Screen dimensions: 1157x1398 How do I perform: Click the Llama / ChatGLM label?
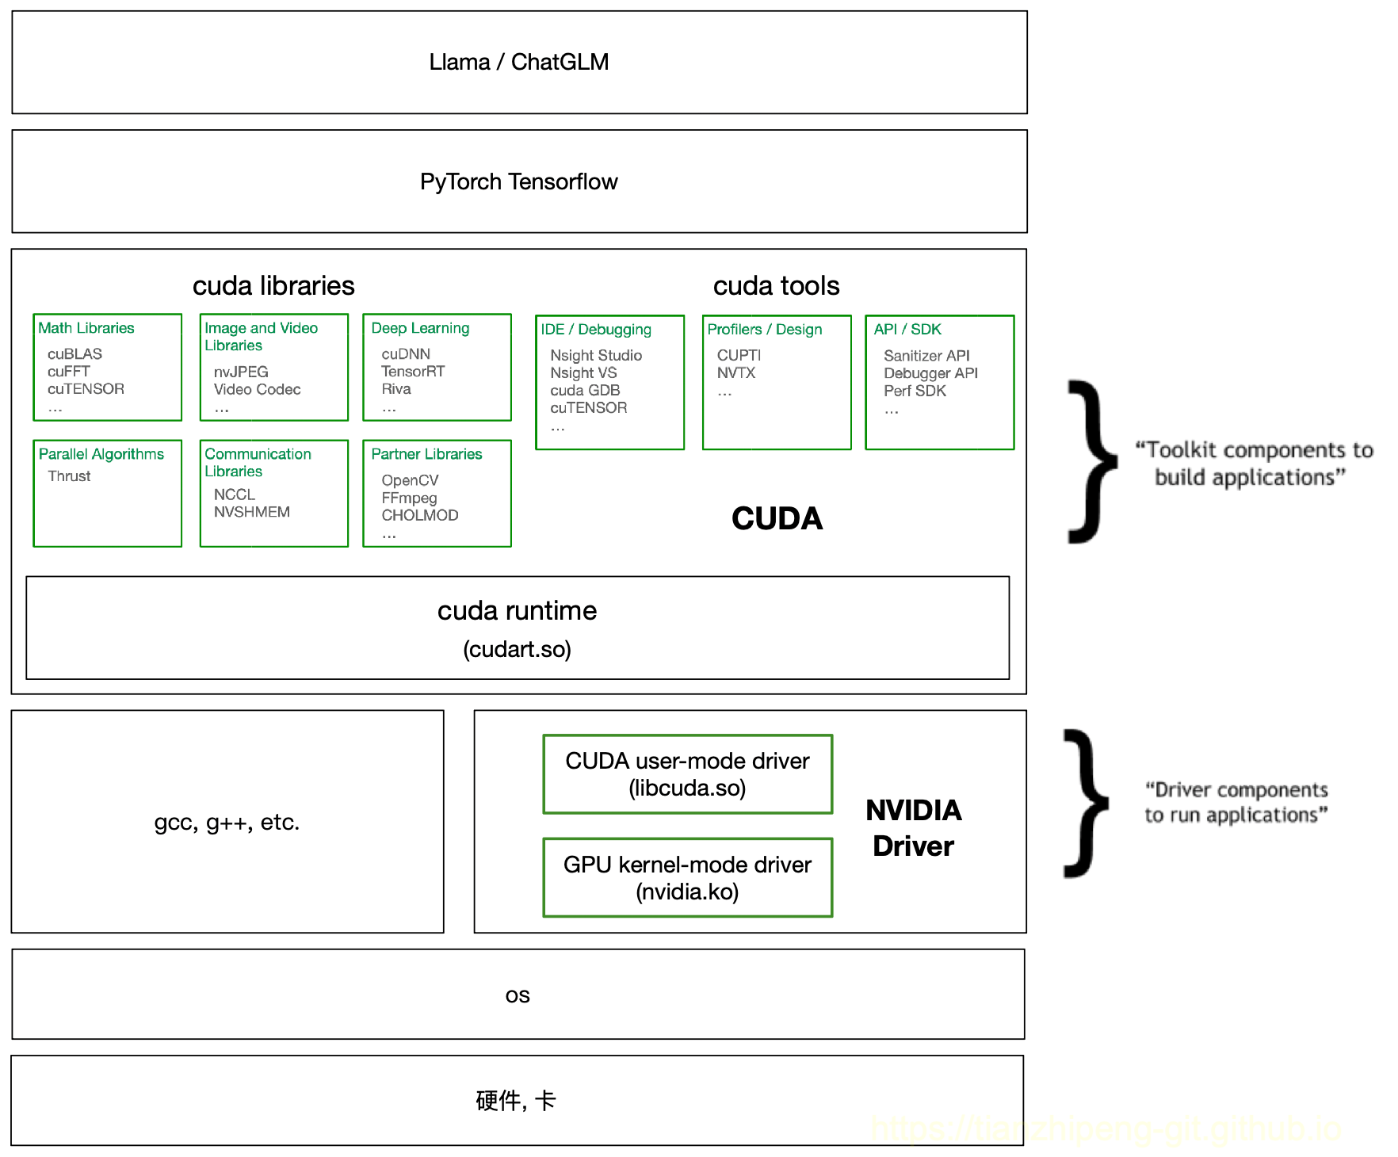(x=518, y=62)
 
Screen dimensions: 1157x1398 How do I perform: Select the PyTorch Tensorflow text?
(x=518, y=181)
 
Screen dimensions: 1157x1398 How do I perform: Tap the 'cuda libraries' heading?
(x=273, y=285)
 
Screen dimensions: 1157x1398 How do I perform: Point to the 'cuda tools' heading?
(x=776, y=285)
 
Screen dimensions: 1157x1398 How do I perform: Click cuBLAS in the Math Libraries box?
(x=74, y=353)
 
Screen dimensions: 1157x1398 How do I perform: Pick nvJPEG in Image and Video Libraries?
(x=241, y=372)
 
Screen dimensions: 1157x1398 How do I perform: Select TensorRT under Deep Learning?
(x=413, y=371)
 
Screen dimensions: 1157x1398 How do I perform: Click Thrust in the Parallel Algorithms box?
(x=69, y=476)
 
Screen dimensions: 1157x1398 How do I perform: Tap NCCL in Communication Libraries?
(x=234, y=494)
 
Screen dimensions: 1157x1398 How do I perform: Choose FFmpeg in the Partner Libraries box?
(x=409, y=498)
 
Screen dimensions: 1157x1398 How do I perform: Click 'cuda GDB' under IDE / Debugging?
(x=585, y=390)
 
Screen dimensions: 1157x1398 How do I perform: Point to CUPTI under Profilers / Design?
(x=739, y=355)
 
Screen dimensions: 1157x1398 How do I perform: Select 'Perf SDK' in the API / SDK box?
(x=915, y=391)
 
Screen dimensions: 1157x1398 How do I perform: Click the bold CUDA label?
(x=777, y=519)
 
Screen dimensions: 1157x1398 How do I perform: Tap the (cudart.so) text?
(x=517, y=649)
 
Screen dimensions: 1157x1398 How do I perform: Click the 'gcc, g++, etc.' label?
(x=227, y=823)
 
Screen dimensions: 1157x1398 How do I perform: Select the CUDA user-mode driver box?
(x=687, y=774)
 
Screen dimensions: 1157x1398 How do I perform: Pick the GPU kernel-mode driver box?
(x=687, y=877)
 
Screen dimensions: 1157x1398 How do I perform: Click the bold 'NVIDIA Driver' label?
(x=913, y=828)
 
